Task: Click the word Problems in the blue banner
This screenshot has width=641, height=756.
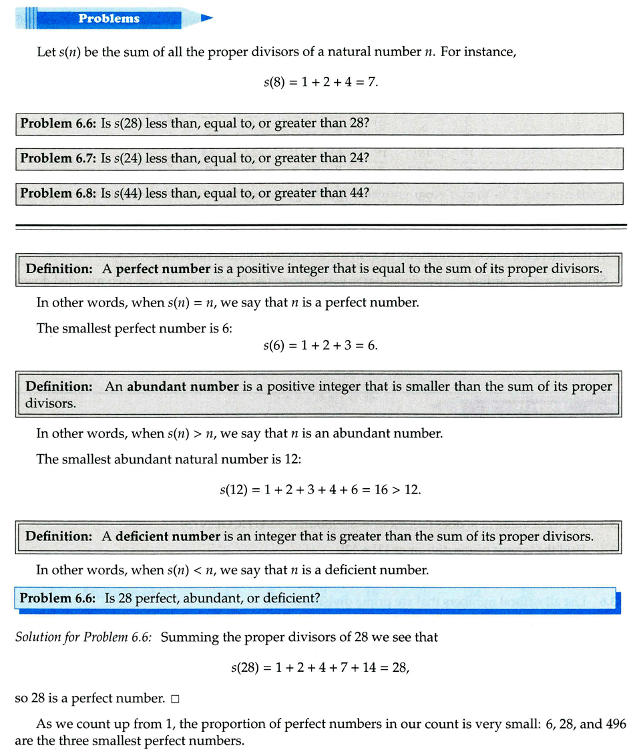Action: pos(109,18)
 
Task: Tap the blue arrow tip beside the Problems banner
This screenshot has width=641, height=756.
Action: pos(206,18)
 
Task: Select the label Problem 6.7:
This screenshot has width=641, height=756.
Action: pos(59,158)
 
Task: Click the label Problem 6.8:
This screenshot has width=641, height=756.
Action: pos(59,193)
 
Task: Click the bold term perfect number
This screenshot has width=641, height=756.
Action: pos(163,269)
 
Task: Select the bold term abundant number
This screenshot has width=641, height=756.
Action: pos(183,387)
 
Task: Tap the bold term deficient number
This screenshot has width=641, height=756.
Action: pos(168,536)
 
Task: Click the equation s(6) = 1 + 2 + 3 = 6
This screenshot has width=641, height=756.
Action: pos(320,347)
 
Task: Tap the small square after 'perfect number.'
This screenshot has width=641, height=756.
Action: pos(175,699)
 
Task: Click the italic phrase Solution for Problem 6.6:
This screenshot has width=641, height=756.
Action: pos(84,637)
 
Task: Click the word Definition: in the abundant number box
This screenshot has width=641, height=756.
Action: pos(59,387)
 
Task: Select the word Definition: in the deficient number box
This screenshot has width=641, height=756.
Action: pos(59,536)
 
